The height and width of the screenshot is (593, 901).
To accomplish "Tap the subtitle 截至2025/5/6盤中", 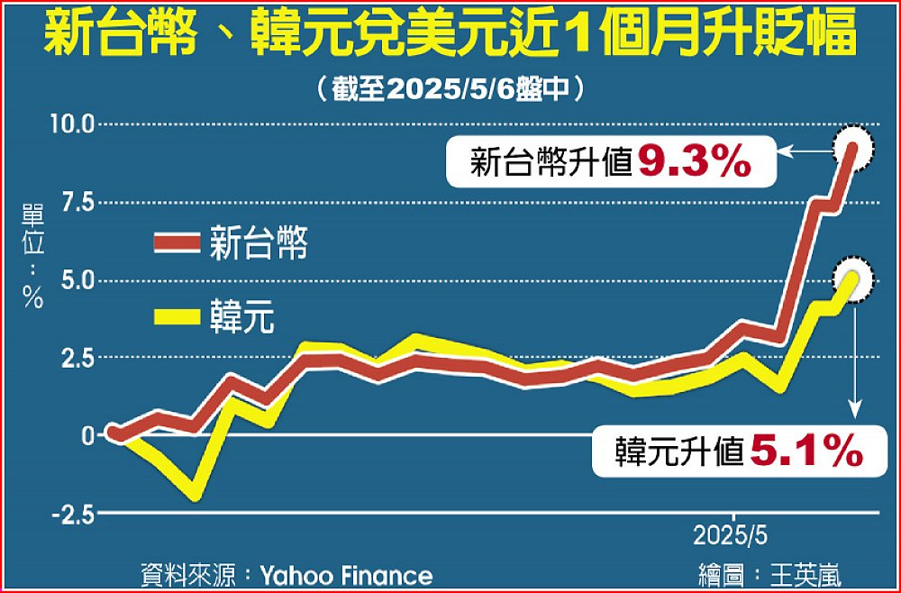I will (x=450, y=89).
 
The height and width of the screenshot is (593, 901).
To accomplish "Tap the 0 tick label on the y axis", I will (x=86, y=435).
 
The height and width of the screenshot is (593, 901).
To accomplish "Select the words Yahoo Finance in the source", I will (x=346, y=575).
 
